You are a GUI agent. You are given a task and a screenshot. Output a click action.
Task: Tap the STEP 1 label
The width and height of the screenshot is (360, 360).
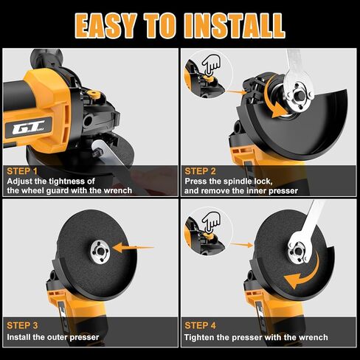coord(23,169)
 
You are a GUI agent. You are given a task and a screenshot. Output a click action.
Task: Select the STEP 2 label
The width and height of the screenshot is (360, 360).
coord(201,169)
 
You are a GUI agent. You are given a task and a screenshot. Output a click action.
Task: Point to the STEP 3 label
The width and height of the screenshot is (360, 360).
coord(23,324)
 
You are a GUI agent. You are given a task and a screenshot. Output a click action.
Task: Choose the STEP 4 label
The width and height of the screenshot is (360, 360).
coord(201,324)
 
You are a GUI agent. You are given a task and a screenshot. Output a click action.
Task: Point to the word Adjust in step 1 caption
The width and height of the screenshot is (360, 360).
coord(21,181)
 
